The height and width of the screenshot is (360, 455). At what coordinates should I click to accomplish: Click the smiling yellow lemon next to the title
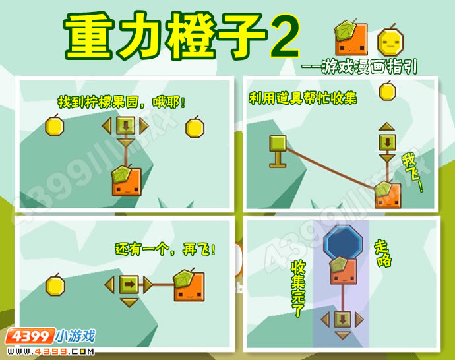tap(390, 42)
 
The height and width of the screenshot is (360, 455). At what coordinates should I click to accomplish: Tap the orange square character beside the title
tap(351, 38)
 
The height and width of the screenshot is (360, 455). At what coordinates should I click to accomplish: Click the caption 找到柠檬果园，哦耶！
tap(121, 102)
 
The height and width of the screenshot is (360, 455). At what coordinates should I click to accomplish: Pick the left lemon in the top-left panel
tap(55, 126)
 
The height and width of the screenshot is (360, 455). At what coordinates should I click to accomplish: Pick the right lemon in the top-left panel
tap(195, 127)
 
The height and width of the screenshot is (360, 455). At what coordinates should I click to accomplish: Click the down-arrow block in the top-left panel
tap(125, 126)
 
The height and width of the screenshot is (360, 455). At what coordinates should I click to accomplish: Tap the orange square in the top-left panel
tap(127, 181)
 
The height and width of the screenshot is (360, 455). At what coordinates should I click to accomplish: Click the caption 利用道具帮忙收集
tap(303, 98)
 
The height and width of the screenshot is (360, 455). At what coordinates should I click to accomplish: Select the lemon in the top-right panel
tap(387, 91)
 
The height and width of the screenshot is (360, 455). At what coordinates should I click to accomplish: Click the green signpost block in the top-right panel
tap(278, 152)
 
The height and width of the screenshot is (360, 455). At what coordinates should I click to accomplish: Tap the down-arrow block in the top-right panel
tap(387, 142)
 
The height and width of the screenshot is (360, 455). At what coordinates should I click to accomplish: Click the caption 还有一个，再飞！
tap(166, 249)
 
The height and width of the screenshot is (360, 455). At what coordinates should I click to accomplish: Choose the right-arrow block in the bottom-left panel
tap(129, 284)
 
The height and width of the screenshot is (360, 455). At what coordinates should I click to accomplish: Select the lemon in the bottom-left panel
tap(55, 285)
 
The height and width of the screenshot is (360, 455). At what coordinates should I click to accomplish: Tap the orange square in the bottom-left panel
tap(189, 285)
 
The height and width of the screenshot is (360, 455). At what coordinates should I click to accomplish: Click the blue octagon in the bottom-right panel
tap(344, 243)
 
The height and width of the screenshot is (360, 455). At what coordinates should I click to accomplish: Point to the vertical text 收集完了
tap(297, 289)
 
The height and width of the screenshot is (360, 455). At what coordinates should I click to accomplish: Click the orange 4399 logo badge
tap(30, 336)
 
